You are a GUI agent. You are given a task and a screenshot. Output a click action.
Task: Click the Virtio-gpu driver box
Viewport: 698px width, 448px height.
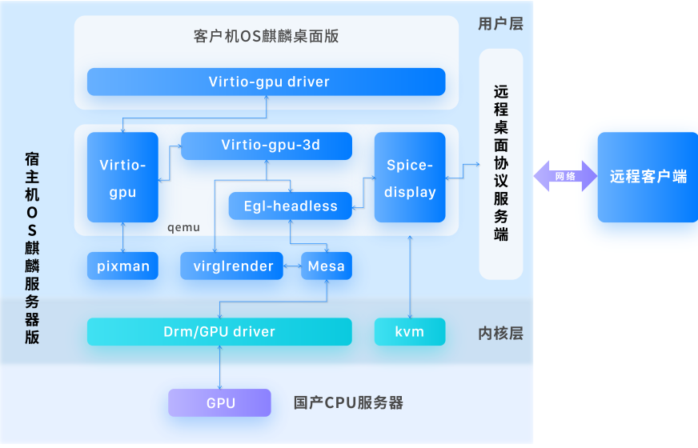pos(266,82)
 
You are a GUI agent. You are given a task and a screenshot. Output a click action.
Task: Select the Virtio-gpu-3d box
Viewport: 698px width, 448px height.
pos(266,146)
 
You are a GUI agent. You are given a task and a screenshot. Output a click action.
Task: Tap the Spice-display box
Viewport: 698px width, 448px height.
pos(410,178)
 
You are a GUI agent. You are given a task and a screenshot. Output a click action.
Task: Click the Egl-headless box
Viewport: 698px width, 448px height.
pos(290,206)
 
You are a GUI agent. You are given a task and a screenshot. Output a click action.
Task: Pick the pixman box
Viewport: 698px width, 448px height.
pos(122,266)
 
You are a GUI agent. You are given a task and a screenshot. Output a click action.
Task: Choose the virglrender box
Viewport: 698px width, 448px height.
pos(231,266)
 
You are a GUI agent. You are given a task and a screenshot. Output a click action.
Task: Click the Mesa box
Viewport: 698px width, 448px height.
pos(326,266)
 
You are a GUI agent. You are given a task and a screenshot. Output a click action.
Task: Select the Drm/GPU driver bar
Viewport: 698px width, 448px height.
pos(219,331)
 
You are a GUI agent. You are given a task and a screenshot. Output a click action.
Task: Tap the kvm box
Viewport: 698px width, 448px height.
pos(409,331)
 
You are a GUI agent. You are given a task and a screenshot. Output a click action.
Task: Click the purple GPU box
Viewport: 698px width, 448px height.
pos(220,402)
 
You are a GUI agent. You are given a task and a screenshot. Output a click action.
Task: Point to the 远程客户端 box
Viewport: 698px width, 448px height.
pos(648,177)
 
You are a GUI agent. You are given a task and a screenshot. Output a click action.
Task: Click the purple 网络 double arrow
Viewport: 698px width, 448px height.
pos(565,176)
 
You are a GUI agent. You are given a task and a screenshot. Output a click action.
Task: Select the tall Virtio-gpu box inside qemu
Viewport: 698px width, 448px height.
pos(122,178)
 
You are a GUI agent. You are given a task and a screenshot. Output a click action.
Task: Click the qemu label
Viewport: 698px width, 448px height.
pos(183,227)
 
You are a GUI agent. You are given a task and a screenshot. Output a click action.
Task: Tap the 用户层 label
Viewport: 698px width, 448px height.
pos(500,24)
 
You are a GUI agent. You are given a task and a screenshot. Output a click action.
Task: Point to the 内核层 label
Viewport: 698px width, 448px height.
pos(500,333)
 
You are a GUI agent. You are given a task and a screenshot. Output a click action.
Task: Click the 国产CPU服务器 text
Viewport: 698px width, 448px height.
pos(348,402)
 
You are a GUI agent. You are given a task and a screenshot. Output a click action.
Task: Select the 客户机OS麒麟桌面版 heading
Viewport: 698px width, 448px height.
pos(267,37)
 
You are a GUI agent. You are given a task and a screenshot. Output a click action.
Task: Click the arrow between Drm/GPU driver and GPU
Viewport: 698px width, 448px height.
pos(219,367)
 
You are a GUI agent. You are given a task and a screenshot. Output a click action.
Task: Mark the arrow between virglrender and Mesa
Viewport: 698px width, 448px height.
pos(292,266)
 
